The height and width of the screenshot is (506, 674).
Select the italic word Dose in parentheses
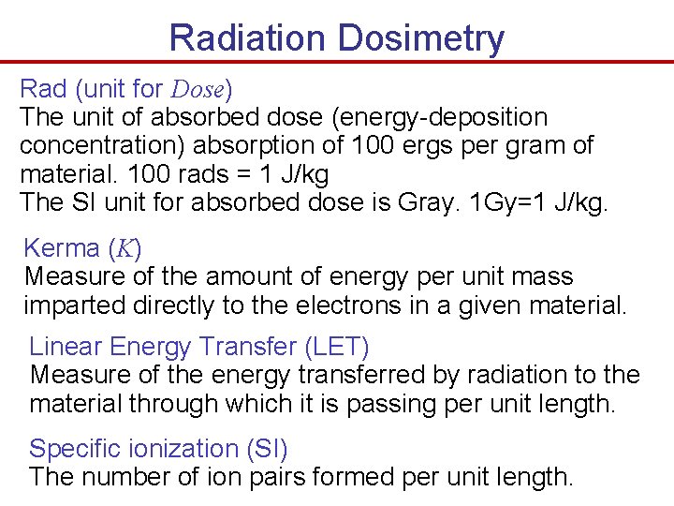(x=198, y=90)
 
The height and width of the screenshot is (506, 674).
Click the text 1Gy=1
(x=499, y=202)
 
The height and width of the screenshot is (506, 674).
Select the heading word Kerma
(x=62, y=248)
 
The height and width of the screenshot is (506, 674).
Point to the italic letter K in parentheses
(x=124, y=249)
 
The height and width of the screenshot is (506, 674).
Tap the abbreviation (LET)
(x=337, y=347)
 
